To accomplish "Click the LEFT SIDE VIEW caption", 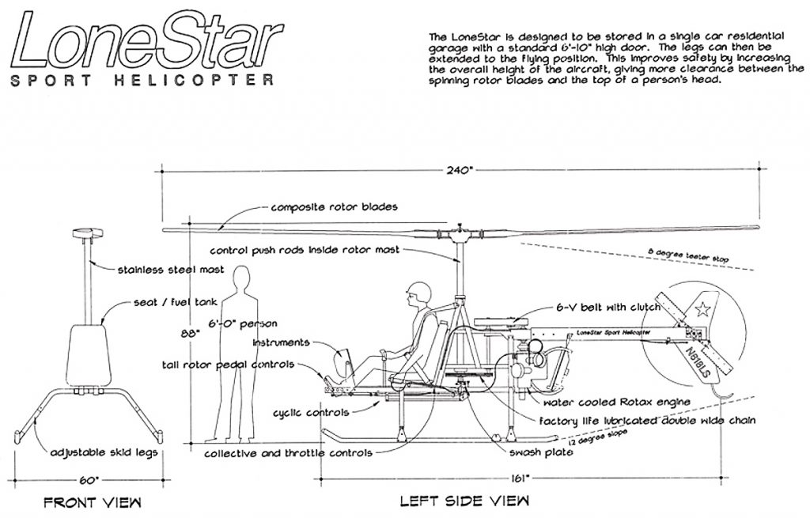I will pos(465,501).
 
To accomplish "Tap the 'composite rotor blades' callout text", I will pos(334,207).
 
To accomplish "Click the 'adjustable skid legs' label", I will pos(103,452).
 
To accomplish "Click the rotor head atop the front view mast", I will pos(84,235).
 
